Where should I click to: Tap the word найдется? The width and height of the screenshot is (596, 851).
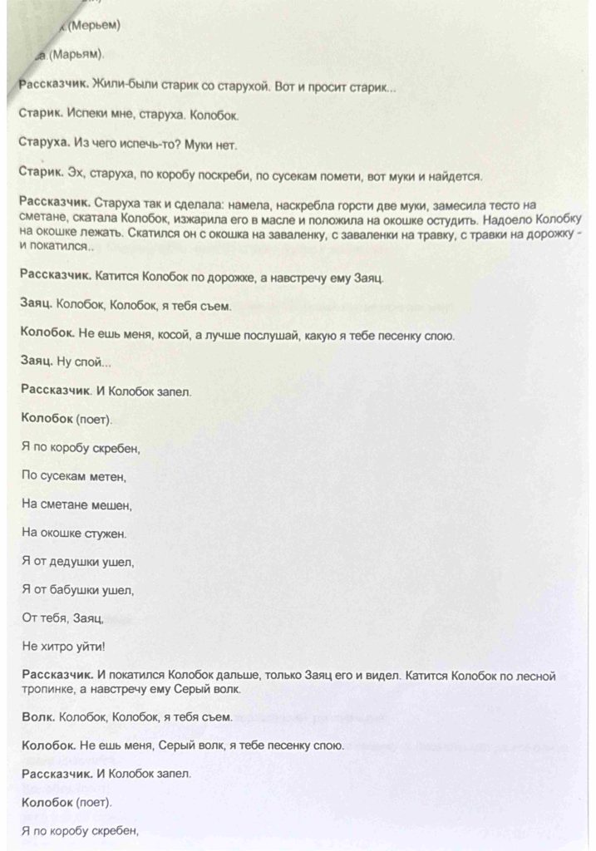point(456,176)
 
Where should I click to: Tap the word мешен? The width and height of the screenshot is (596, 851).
point(111,505)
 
